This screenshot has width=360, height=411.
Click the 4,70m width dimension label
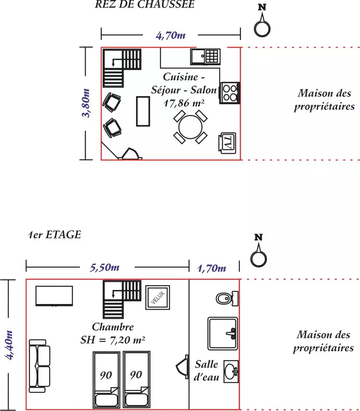click(170, 35)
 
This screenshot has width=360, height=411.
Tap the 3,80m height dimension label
click(86, 103)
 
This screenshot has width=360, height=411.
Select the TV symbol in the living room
click(227, 143)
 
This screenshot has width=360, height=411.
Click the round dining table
click(190, 127)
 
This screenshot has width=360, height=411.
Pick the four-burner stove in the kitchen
click(230, 93)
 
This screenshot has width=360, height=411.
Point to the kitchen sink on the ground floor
click(205, 56)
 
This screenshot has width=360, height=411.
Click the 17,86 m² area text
click(184, 103)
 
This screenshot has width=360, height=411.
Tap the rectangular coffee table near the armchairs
click(143, 112)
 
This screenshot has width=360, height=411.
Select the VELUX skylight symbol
click(158, 298)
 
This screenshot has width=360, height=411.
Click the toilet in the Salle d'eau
click(227, 298)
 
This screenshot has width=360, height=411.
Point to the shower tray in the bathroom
click(223, 333)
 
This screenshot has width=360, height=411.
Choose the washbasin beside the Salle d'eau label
click(231, 371)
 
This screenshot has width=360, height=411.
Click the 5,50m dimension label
click(105, 268)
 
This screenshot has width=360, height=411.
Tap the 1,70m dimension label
click(212, 268)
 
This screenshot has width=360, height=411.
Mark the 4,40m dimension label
click(9, 345)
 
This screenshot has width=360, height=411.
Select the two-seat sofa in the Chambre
click(40, 366)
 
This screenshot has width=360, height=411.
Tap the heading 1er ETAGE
click(54, 234)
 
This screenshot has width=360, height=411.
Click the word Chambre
click(113, 327)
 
